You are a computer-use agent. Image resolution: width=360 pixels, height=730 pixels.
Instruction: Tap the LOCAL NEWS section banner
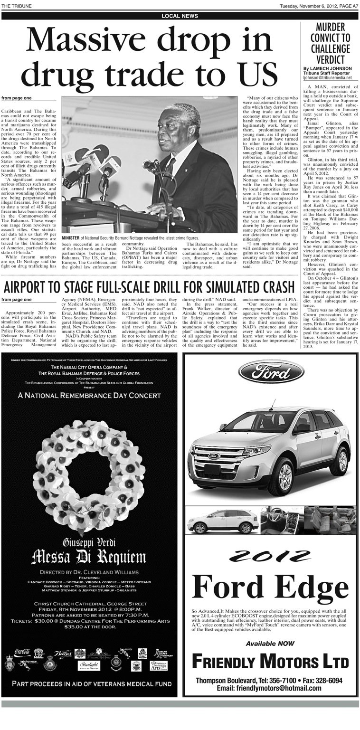(180, 16)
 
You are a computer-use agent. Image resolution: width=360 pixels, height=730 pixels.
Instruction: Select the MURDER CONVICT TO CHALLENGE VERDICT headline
(330, 43)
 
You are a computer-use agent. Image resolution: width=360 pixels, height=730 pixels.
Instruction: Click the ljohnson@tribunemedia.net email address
(327, 78)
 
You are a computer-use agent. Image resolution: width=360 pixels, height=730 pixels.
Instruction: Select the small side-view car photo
(222, 521)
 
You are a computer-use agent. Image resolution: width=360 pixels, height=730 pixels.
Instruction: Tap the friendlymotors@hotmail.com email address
(269, 688)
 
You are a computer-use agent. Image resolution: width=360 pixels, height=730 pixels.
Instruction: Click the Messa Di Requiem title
(89, 556)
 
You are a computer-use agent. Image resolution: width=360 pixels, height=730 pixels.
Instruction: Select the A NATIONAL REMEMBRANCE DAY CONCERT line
(89, 395)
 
